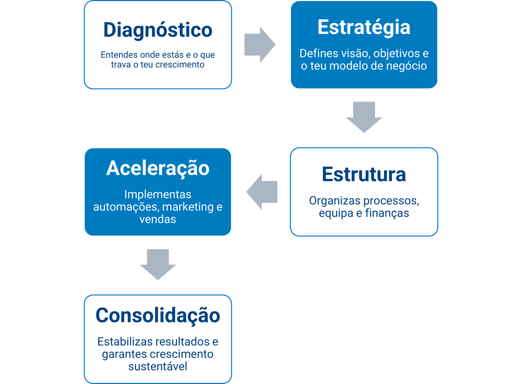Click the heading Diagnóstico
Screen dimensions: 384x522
click(x=158, y=30)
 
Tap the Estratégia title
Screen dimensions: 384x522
click(x=364, y=27)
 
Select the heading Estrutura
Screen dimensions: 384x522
click(x=364, y=174)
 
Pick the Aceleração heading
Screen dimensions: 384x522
click(x=158, y=168)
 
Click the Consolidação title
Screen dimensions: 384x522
click(x=158, y=315)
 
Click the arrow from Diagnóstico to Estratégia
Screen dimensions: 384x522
click(x=260, y=45)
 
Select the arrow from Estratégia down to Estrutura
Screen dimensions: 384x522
click(x=364, y=117)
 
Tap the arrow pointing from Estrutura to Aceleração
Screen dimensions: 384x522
click(x=262, y=192)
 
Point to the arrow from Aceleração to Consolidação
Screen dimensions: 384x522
click(x=158, y=264)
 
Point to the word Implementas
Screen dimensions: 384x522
click(x=158, y=194)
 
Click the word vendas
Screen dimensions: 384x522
click(x=158, y=219)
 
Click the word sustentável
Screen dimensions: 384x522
click(x=158, y=366)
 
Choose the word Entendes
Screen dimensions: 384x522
click(x=119, y=55)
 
